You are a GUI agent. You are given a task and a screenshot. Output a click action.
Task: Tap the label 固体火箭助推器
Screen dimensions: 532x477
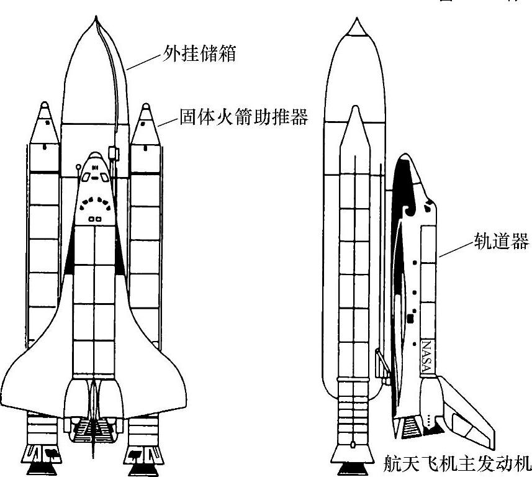click(x=244, y=117)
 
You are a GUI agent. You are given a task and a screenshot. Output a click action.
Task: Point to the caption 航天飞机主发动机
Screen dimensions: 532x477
click(x=456, y=463)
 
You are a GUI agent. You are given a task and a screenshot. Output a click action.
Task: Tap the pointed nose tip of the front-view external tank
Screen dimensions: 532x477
click(x=95, y=24)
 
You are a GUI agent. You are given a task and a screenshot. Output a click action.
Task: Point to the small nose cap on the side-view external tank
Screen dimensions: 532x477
click(x=356, y=27)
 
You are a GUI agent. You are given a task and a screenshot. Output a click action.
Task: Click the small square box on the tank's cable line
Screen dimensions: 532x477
click(x=113, y=152)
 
